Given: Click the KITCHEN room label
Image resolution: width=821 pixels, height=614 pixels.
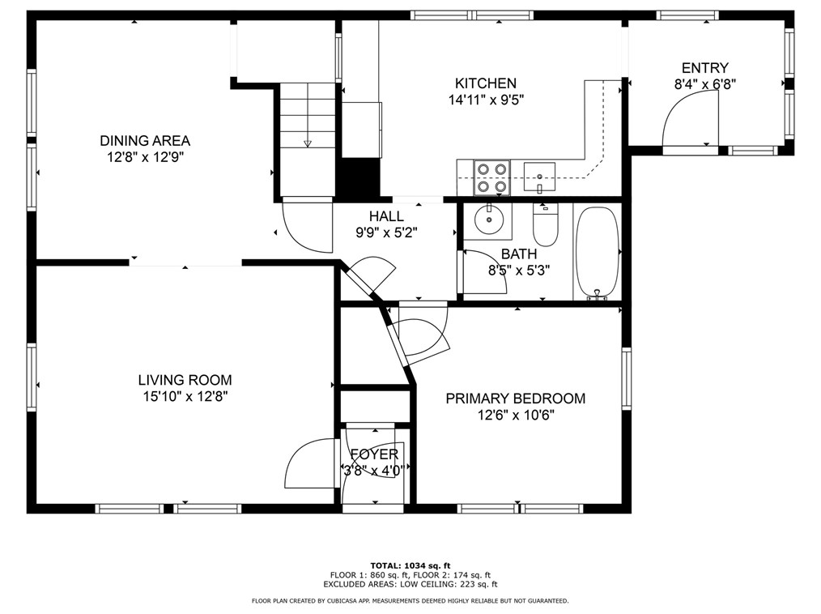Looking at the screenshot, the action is (485, 83).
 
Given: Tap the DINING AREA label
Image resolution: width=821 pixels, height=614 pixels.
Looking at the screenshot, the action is (145, 140).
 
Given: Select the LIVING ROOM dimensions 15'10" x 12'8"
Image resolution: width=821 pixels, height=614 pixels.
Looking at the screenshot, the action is (185, 397).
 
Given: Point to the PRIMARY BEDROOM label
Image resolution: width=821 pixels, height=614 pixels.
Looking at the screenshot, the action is (515, 399).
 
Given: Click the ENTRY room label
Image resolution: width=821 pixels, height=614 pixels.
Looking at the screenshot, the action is (704, 67).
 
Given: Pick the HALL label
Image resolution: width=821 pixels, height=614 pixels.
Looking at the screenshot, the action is (386, 215).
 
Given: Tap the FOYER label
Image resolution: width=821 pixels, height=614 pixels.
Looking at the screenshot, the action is (374, 454).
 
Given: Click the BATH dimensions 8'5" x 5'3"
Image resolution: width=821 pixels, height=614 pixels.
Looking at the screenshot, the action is (519, 271).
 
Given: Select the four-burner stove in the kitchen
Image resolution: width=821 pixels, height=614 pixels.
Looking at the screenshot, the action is (491, 177).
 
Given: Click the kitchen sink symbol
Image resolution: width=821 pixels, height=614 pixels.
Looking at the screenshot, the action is (539, 177).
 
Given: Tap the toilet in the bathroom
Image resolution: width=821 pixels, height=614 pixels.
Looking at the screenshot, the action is (546, 224).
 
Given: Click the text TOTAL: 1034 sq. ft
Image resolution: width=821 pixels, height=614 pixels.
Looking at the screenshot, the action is (410, 565).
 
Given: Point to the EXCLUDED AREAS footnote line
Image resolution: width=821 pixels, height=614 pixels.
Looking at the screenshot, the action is (410, 584).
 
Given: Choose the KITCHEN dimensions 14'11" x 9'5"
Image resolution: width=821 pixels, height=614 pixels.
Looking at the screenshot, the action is (486, 100).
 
